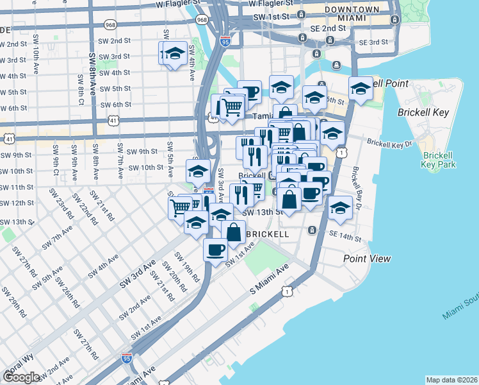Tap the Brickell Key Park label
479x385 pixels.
pyautogui.click(x=438, y=160)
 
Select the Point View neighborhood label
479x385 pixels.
pyautogui.click(x=367, y=258)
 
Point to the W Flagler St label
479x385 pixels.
pyautogui.click(x=181, y=4)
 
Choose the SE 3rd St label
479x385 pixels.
pyautogui.click(x=373, y=42)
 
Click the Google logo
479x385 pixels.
pyautogui.click(x=22, y=377)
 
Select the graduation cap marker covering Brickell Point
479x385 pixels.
pyautogui.click(x=361, y=89)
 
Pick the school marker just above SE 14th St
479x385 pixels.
pyautogui.click(x=339, y=208)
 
